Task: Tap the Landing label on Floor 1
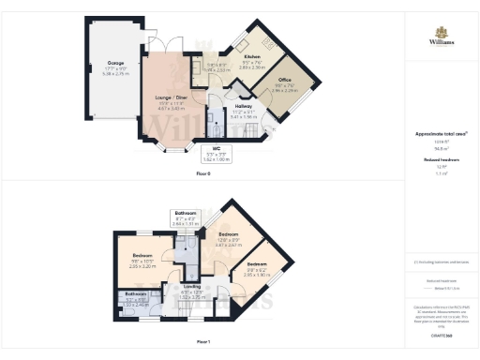pos(192,288)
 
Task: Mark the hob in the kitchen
pos(268,44)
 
